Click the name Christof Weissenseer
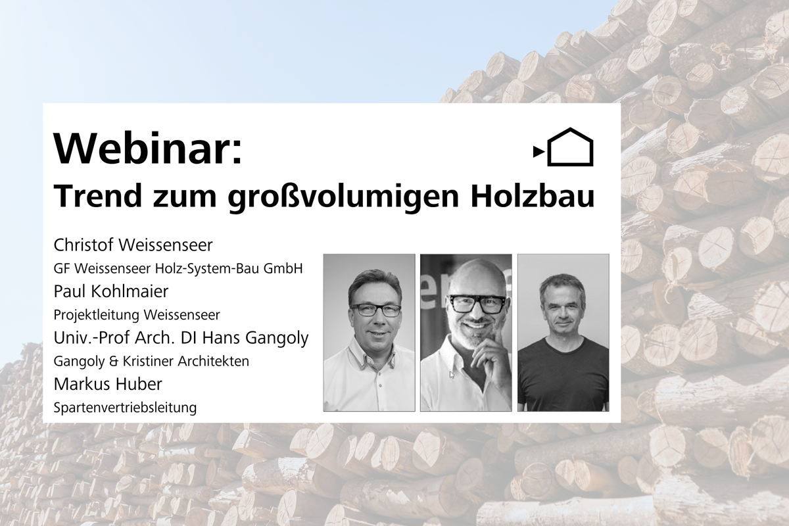[x=133, y=246]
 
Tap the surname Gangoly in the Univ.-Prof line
[x=276, y=338]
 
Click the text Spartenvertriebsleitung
[x=125, y=408]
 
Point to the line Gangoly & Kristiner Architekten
[x=151, y=361]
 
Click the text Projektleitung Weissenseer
[x=137, y=315]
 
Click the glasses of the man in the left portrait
[x=375, y=310]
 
